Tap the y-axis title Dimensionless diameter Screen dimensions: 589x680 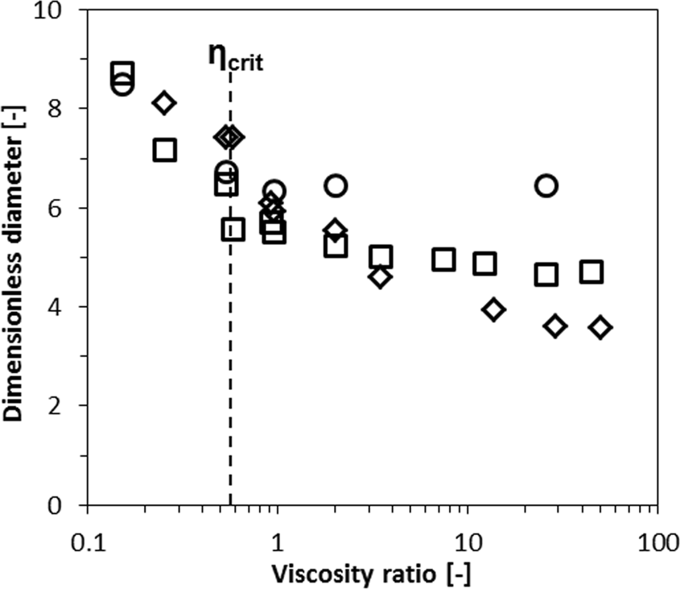18,256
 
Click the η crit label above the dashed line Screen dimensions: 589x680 235,58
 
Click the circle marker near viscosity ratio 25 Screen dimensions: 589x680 546,186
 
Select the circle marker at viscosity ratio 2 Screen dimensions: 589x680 336,186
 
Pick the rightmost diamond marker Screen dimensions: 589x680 600,327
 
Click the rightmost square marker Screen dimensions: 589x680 591,272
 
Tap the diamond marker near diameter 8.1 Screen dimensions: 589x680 164,102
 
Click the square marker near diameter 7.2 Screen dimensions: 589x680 164,150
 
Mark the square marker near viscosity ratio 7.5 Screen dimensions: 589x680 443,259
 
